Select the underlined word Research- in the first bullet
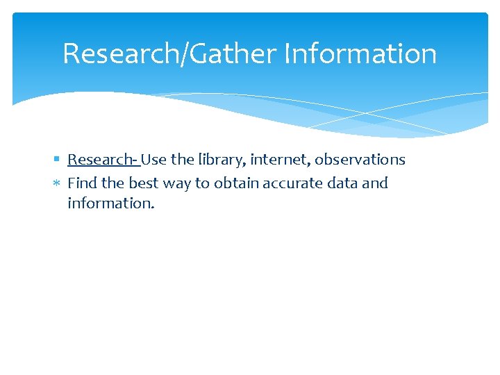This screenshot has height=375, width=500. (103, 160)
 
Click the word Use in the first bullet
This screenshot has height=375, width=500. (154, 160)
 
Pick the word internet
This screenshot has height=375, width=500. (280, 160)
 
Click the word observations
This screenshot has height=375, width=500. (360, 160)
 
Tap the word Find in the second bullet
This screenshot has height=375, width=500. (82, 183)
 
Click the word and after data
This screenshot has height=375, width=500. (376, 183)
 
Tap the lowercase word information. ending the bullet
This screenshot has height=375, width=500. (110, 203)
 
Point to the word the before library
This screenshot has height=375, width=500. (183, 160)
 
